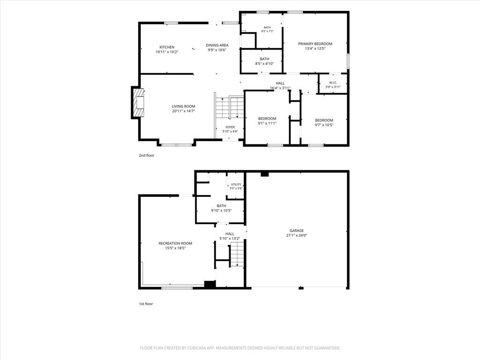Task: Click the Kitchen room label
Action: (167, 47)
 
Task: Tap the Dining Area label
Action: (217, 45)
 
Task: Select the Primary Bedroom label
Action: (315, 44)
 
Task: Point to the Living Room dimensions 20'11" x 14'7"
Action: (183, 111)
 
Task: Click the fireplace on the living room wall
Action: (138, 103)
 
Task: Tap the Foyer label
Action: (230, 127)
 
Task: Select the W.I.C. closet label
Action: (333, 82)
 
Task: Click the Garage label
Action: (297, 231)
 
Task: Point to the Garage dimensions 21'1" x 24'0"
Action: (297, 235)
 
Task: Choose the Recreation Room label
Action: (175, 243)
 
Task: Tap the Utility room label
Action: (236, 184)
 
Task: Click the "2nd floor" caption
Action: (147, 156)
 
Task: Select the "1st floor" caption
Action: (146, 304)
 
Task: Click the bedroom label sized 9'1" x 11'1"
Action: (267, 119)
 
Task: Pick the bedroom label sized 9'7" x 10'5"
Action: (324, 120)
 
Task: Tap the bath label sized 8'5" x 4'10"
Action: (264, 59)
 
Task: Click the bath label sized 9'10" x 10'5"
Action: (221, 206)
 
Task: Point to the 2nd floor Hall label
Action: (280, 83)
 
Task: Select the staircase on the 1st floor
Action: (237, 254)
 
